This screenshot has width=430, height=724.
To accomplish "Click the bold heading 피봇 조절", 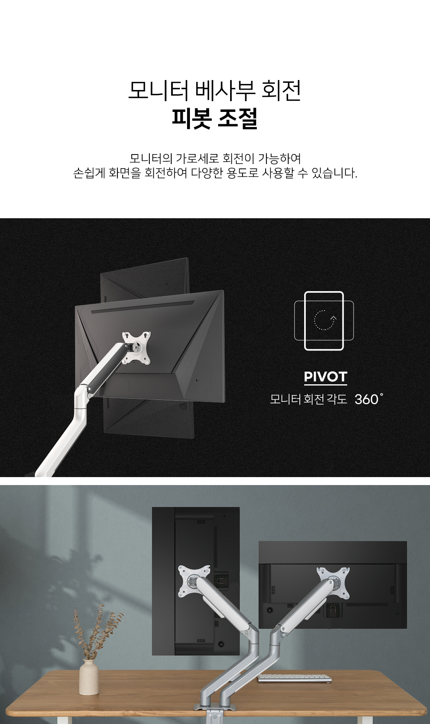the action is coord(215,118).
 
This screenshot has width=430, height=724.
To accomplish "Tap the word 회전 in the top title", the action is coord(281,90).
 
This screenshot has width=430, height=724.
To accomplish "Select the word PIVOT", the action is coord(325,377).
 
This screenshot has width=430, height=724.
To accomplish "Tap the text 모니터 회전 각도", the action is coord(309,399).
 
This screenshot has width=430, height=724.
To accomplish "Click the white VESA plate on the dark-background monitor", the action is coord(136,347).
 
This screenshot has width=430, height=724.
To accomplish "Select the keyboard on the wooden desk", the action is coord(294,678).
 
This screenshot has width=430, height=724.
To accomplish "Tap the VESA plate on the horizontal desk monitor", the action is coord(333,582).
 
